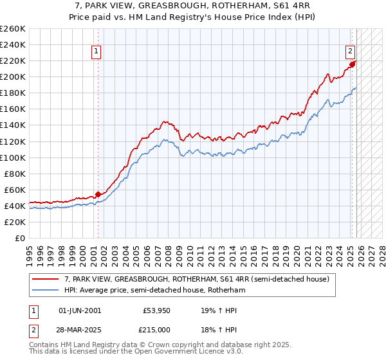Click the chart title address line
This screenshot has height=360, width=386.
click(x=192, y=6)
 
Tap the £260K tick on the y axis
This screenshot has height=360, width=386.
click(x=12, y=29)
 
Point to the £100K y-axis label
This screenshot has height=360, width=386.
click(x=12, y=157)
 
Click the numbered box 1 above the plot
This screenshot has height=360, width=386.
click(x=96, y=52)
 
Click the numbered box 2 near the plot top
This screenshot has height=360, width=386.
click(x=351, y=52)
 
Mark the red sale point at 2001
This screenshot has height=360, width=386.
click(x=98, y=194)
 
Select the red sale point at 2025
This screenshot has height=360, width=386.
click(x=353, y=64)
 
